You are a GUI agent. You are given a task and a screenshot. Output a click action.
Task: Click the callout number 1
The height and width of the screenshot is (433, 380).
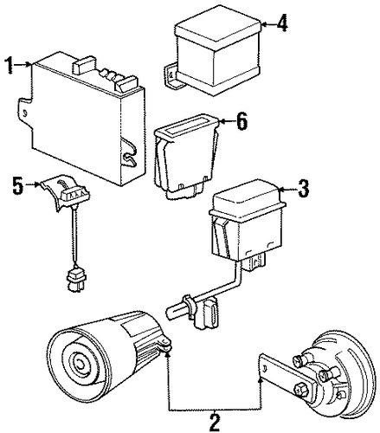10,65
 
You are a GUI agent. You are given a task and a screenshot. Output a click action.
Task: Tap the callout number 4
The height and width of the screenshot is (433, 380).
282,23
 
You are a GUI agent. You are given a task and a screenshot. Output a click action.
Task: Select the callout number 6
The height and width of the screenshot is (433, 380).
242,121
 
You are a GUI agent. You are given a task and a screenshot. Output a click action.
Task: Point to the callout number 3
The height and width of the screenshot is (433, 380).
303,189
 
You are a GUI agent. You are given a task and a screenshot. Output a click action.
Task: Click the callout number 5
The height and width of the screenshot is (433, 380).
18,185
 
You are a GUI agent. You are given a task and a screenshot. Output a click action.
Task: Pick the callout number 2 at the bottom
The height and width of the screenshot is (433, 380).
214,423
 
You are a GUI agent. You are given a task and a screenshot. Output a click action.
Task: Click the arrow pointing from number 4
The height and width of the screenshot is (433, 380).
268,24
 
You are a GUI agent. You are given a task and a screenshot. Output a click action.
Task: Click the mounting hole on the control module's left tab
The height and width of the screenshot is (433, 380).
25,113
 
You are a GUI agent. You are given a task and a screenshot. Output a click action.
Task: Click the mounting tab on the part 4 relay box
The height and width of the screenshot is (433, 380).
171,75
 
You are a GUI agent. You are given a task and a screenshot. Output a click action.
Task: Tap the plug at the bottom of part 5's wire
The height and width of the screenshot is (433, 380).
75,280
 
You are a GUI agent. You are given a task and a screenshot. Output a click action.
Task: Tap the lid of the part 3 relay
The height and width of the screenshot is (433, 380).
246,198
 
